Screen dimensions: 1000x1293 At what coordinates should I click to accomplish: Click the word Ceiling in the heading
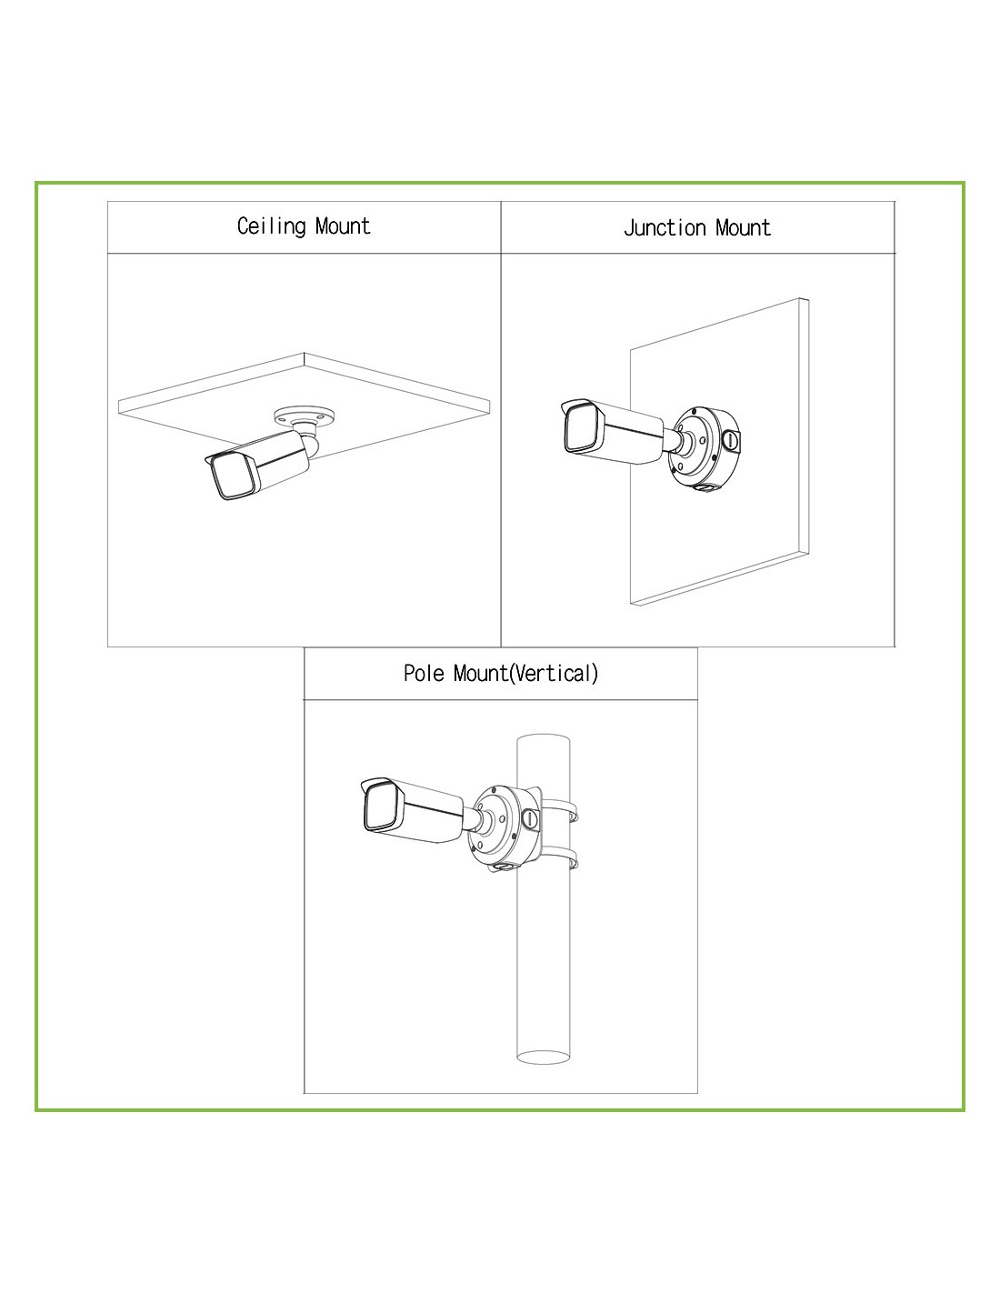click(x=271, y=226)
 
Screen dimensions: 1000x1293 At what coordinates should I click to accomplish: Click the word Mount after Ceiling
click(x=343, y=226)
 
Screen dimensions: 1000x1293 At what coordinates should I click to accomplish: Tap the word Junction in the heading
click(x=665, y=228)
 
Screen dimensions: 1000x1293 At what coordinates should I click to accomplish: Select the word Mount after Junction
click(x=743, y=227)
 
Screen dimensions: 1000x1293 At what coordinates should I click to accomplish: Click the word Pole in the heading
click(x=425, y=673)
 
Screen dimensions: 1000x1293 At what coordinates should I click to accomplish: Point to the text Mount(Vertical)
click(x=525, y=674)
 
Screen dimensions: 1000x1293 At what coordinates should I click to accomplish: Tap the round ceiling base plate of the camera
click(x=303, y=416)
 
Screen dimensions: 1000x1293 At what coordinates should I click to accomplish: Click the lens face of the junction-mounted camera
click(x=584, y=429)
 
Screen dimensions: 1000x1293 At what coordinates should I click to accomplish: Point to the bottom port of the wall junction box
click(x=706, y=488)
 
